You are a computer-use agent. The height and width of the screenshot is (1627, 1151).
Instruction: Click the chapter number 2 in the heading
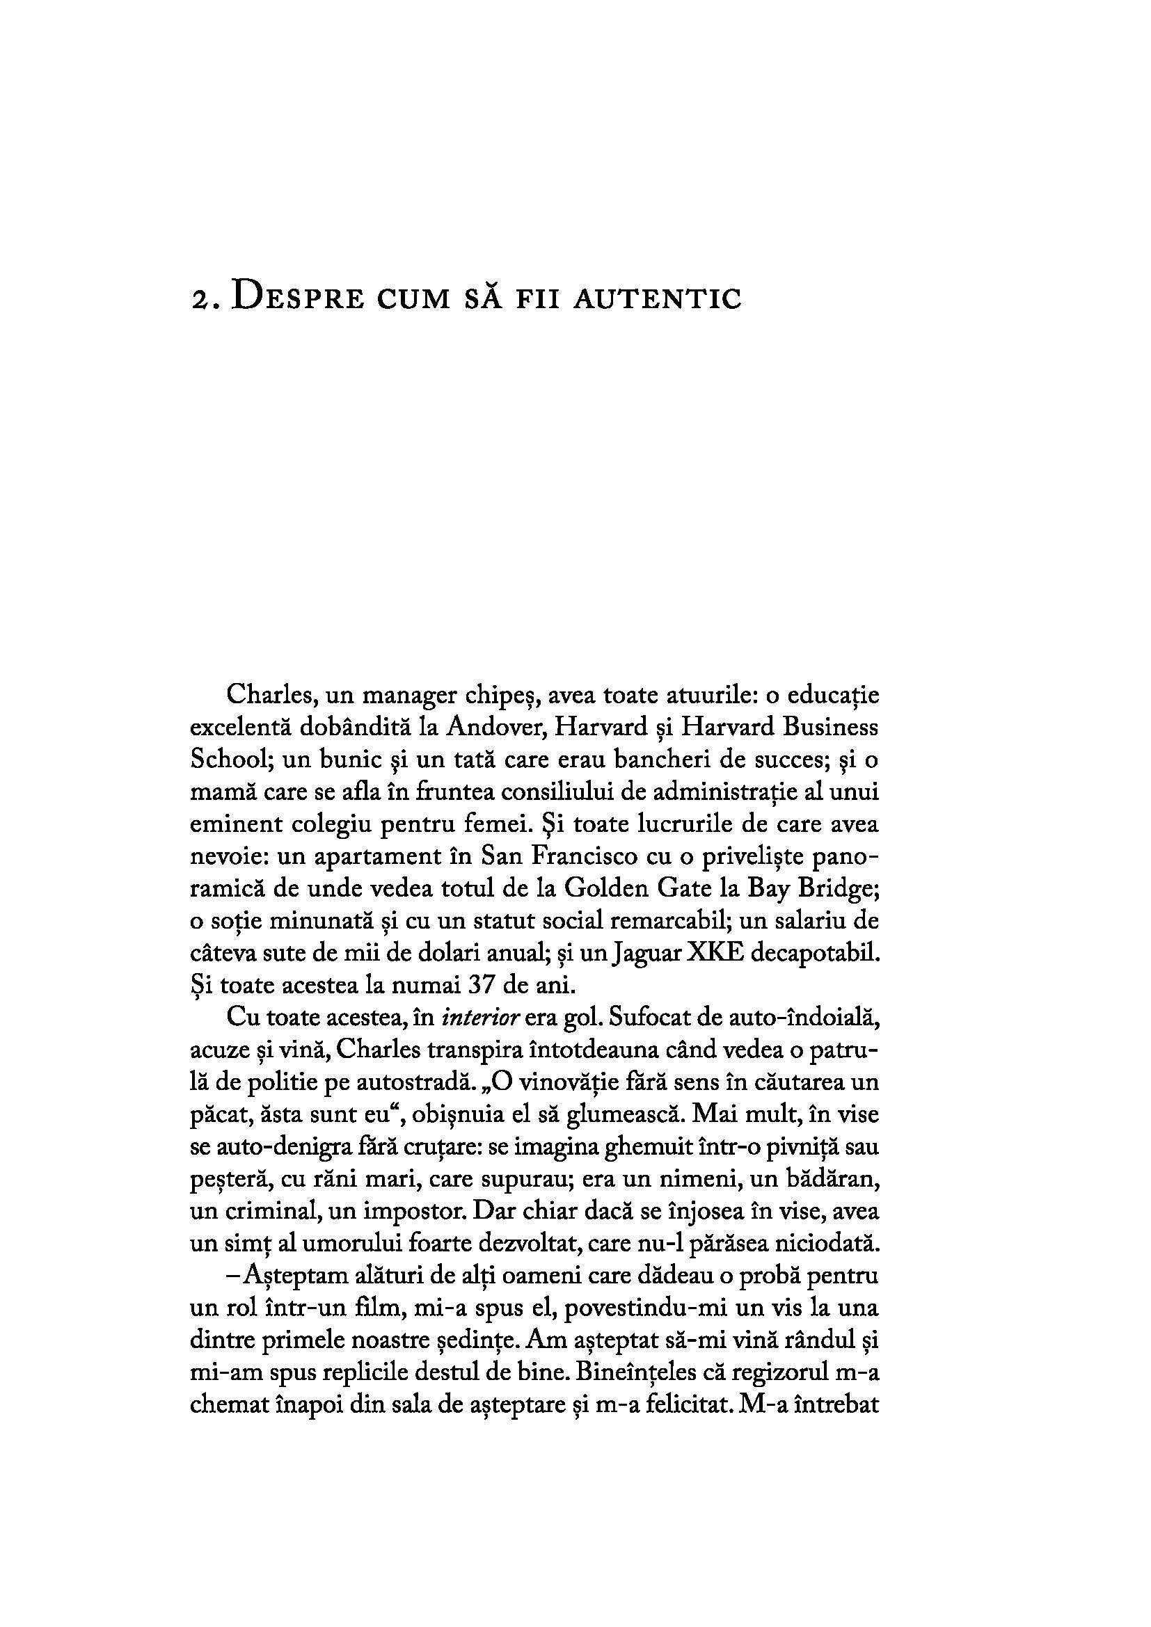[198, 300]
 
